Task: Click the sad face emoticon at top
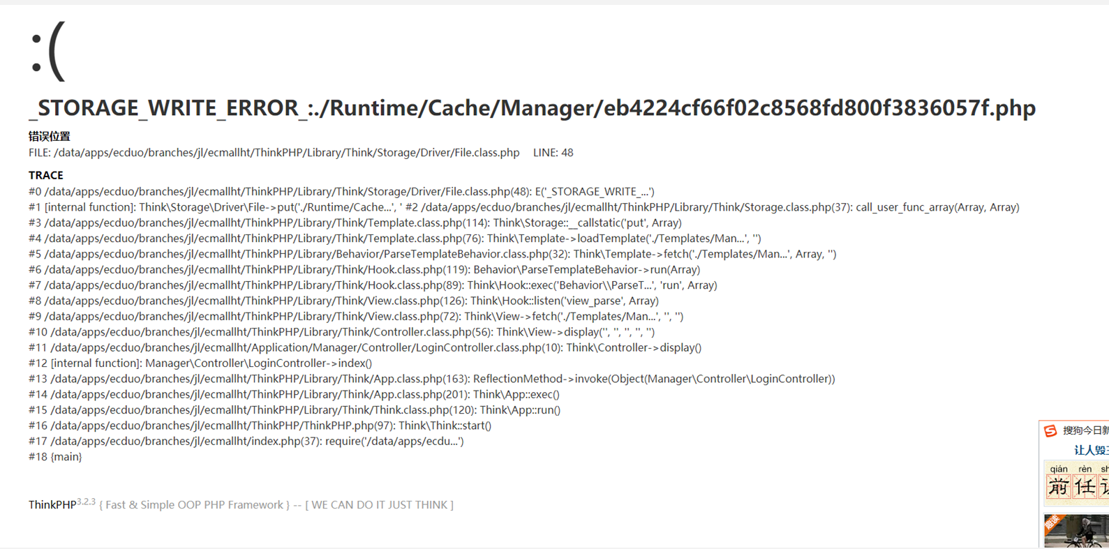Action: coord(47,51)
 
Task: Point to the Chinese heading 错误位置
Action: coord(50,136)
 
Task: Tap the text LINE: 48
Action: coord(553,153)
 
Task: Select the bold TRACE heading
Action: coord(45,175)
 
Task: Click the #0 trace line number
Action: coord(35,192)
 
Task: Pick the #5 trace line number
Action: coord(35,254)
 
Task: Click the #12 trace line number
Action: coord(38,363)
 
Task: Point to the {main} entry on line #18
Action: coord(66,456)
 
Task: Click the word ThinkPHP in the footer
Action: coord(52,505)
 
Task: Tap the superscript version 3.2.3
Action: coord(86,501)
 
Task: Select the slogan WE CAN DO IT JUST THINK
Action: coord(379,505)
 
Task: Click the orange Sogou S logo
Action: coord(1050,430)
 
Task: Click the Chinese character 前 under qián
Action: coord(1059,487)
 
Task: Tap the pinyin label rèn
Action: coord(1085,469)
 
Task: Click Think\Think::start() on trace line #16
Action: coord(445,426)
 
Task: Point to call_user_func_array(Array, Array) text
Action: coord(938,207)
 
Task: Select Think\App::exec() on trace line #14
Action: coord(516,394)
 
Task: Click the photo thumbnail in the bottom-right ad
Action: coord(1076,530)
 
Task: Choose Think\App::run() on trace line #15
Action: coord(521,410)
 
